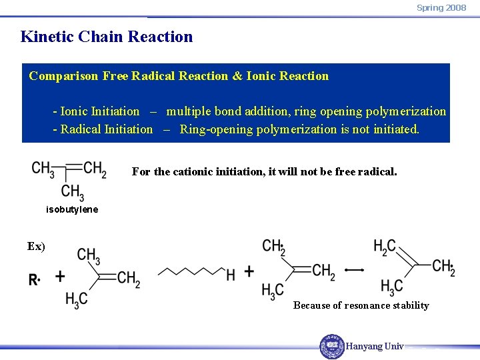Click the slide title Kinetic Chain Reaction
point(107,37)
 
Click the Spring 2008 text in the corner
point(441,7)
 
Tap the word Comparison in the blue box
point(64,76)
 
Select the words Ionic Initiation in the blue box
point(100,111)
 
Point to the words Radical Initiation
point(107,129)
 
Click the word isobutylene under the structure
point(72,209)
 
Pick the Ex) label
point(36,246)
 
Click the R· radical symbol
point(34,280)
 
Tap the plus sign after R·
point(60,276)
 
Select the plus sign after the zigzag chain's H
point(249,271)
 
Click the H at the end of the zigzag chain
point(231,273)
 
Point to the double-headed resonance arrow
point(354,270)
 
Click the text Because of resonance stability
point(361,305)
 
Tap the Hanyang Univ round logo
point(331,346)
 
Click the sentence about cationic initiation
point(264,172)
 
